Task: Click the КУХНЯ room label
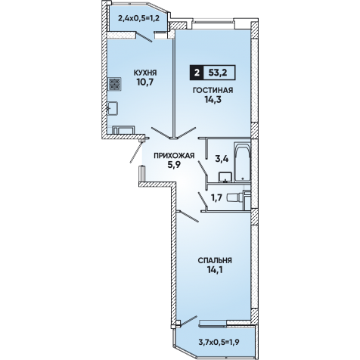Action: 145,73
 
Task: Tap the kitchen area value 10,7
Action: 145,82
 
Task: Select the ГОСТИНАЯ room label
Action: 213,90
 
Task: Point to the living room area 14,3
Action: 213,100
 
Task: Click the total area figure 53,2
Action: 218,73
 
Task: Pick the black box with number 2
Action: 196,73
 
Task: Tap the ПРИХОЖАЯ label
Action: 174,156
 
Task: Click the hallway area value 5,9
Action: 174,165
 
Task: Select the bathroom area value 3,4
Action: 222,159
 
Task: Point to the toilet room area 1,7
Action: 216,198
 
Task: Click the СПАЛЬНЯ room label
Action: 215,260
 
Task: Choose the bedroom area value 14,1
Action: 215,270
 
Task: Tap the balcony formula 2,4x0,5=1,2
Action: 138,18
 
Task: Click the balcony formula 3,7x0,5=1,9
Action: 219,342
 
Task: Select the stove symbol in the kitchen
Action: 115,84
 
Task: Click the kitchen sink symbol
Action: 113,108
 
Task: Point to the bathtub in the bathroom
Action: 242,162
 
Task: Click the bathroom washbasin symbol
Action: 225,177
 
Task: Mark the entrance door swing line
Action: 136,153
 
